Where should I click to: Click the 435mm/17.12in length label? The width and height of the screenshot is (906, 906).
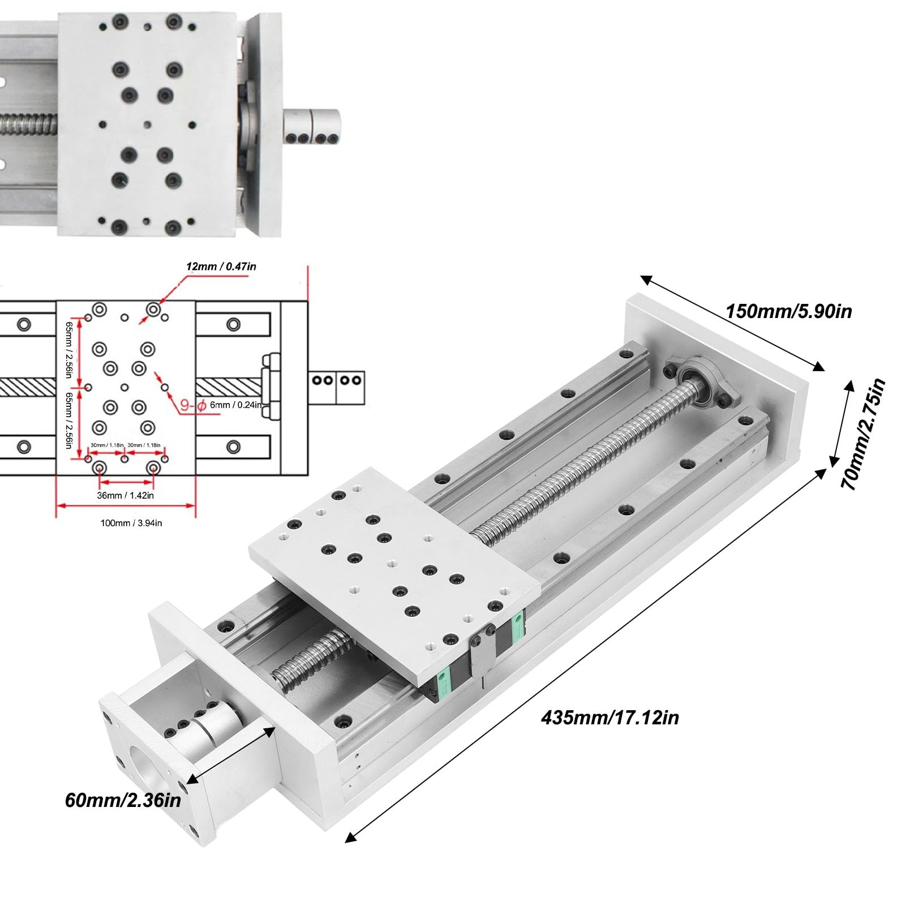click(609, 718)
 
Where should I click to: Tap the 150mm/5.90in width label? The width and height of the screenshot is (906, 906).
click(788, 311)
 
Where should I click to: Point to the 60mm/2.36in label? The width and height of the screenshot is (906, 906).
click(123, 801)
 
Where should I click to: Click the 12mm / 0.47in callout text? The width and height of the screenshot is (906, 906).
click(221, 266)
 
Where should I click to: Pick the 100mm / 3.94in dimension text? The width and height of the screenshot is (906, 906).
click(131, 523)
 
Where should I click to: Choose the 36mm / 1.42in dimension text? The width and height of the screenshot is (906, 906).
click(126, 496)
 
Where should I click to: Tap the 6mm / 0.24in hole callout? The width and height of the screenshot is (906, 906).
click(235, 405)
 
